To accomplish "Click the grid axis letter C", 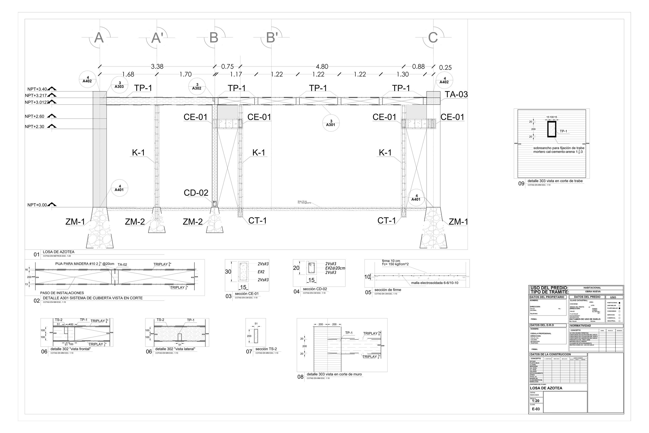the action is point(433,38).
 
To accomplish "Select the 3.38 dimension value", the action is point(157,66).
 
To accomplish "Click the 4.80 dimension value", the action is point(322,66).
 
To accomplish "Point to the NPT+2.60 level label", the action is point(35,117).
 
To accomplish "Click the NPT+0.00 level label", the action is point(37,205).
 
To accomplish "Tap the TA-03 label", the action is point(456,95).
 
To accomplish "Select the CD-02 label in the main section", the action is point(196,193).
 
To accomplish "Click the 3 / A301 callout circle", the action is point(331,123).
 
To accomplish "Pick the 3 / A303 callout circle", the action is point(119,85).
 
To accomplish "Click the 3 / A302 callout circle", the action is point(197,86).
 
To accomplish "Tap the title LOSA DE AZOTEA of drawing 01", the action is point(58,252).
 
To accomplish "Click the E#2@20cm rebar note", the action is point(335,268).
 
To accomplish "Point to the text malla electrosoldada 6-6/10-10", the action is point(435,283).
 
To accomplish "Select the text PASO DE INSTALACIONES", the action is point(62,293).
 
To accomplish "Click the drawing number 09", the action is point(521,184).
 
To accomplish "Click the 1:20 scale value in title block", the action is point(536,401).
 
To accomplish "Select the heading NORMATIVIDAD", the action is point(580,326).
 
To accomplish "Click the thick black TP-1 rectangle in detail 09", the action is point(552,129).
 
